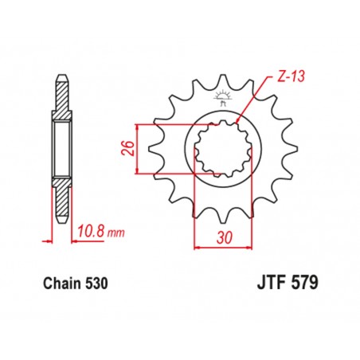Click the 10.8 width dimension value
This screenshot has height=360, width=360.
pyautogui.click(x=90, y=233)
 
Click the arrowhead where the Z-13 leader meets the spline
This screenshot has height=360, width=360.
pyautogui.click(x=240, y=120)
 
